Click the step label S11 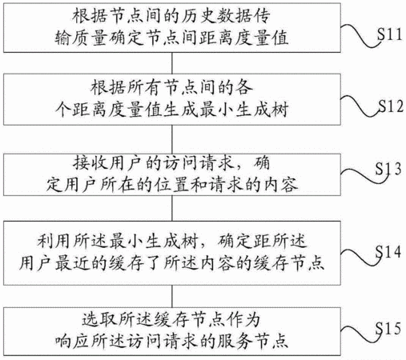[x=389, y=34]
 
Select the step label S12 [x=391, y=106]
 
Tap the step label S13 [x=388, y=169]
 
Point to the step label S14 [x=388, y=251]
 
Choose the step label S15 [x=388, y=328]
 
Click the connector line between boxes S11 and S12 [x=172, y=63]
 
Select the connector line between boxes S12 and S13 [x=172, y=139]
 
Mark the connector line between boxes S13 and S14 [x=172, y=208]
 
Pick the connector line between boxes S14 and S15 [x=172, y=296]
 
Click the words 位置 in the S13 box [x=171, y=185]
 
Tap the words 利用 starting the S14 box [x=54, y=241]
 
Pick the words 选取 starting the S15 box [x=99, y=319]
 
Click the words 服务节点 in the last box [x=252, y=341]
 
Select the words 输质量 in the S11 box [x=81, y=38]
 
